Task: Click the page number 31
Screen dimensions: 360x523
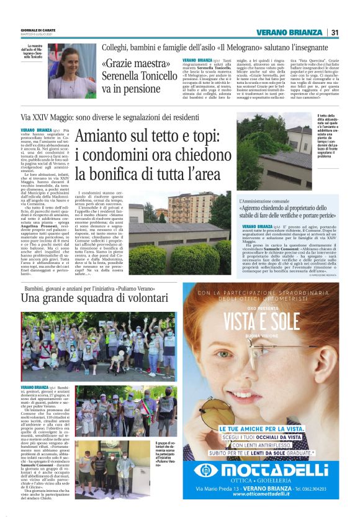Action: tap(335, 32)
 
